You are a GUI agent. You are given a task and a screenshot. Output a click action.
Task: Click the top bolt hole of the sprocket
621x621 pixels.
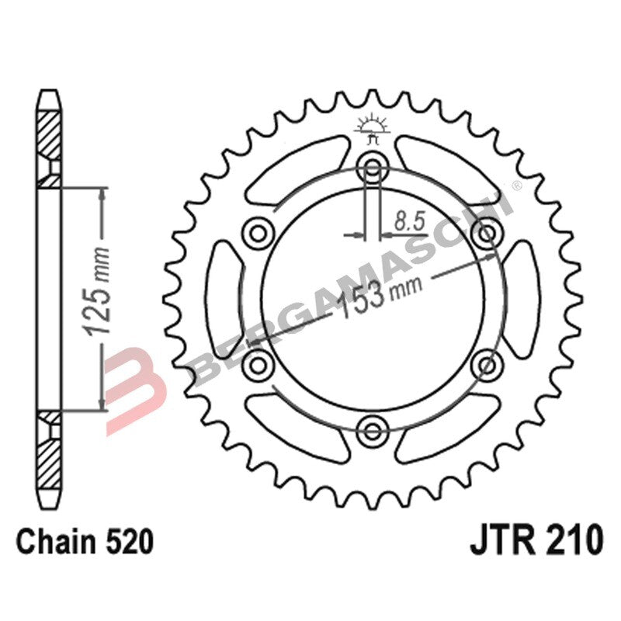click(x=373, y=166)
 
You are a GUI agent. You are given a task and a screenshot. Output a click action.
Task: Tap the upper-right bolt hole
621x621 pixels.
click(x=487, y=231)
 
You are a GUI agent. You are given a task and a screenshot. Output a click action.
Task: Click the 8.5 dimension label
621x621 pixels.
click(x=408, y=221)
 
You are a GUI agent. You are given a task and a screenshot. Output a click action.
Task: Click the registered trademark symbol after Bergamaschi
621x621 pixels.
click(x=516, y=187)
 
